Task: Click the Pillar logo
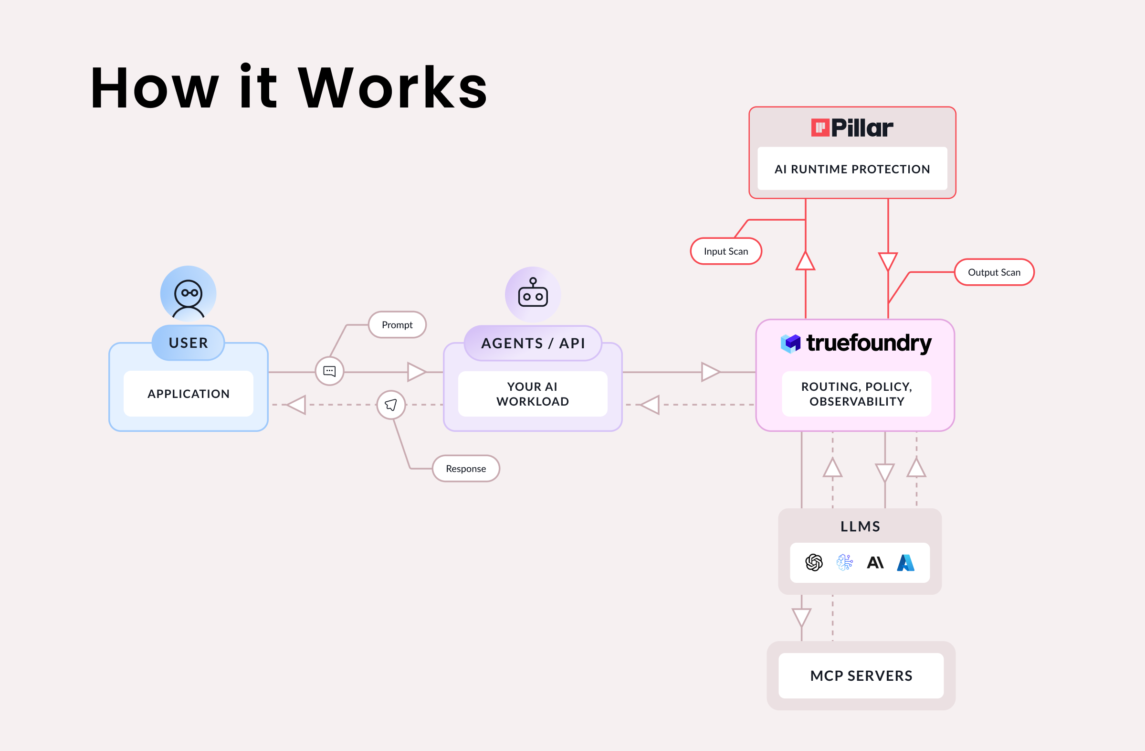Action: tap(852, 128)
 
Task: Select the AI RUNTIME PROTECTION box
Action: tap(852, 169)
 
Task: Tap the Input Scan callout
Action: tap(725, 251)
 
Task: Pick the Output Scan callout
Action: tap(993, 272)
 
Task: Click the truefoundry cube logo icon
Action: tap(790, 343)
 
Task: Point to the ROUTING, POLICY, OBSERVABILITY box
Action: tap(856, 394)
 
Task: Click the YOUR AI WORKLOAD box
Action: tap(533, 394)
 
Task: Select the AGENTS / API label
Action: tap(533, 343)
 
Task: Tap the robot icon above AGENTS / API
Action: tap(533, 294)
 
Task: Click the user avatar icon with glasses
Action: tap(188, 294)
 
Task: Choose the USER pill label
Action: tap(188, 343)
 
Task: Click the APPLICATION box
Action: tap(188, 394)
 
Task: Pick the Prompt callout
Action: tap(397, 325)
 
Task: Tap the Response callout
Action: tap(466, 469)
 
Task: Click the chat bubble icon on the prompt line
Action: tap(329, 371)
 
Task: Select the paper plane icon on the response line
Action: tap(391, 405)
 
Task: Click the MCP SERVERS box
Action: tap(861, 676)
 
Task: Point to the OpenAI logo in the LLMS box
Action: tap(814, 562)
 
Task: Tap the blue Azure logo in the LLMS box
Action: tap(905, 562)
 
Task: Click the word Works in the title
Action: tap(393, 88)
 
